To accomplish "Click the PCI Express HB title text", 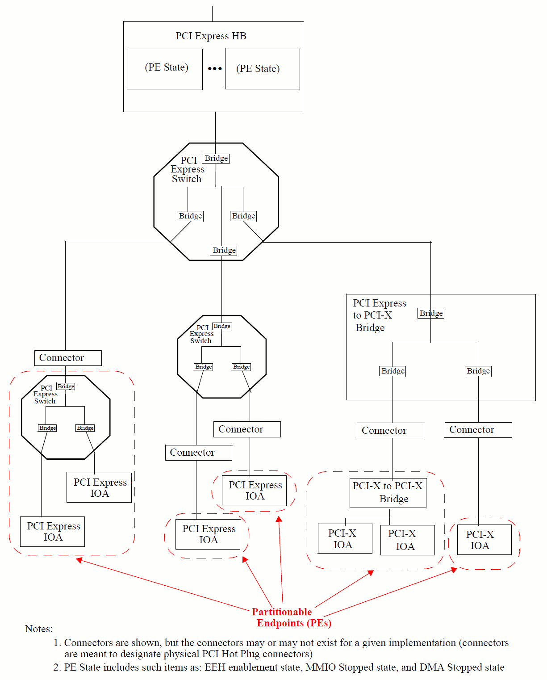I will pos(211,36).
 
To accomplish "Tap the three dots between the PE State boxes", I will pos(215,69).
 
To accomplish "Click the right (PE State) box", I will pos(262,69).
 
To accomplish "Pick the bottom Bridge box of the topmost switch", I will pos(224,251).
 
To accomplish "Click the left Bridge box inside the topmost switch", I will pos(190,216).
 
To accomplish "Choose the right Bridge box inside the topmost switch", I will pos(243,216).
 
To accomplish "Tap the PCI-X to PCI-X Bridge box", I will pos(388,492).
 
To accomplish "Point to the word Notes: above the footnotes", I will pos(39,629).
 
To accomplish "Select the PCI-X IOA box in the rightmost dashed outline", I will pos(480,540).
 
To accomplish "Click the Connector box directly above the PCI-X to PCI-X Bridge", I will pos(390,431).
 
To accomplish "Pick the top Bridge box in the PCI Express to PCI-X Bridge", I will pos(431,314).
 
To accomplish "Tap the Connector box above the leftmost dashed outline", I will pos(68,358).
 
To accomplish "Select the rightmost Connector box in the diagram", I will pos(478,430).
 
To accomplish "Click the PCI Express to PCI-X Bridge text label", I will pos(379,315).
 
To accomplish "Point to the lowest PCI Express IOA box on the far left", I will pos(53,532).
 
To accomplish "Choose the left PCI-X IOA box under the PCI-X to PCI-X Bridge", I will pos(345,539).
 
